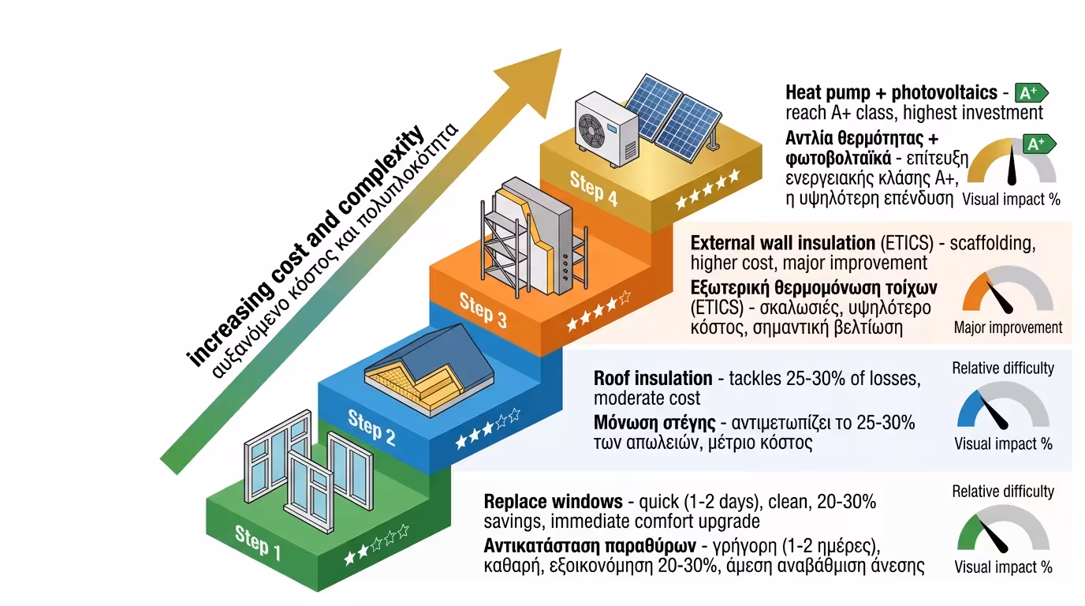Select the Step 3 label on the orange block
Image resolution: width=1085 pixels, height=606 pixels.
click(483, 308)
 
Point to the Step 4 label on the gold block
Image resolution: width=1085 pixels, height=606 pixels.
click(594, 187)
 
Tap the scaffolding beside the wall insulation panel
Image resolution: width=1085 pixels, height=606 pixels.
click(495, 237)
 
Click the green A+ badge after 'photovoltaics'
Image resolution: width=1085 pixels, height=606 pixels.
click(1031, 93)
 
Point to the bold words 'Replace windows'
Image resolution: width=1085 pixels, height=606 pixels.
click(553, 502)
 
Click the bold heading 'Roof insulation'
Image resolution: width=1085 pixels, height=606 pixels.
click(653, 378)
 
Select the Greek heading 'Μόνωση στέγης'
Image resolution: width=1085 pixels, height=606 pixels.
click(653, 423)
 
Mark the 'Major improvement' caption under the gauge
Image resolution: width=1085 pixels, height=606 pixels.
click(1008, 327)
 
